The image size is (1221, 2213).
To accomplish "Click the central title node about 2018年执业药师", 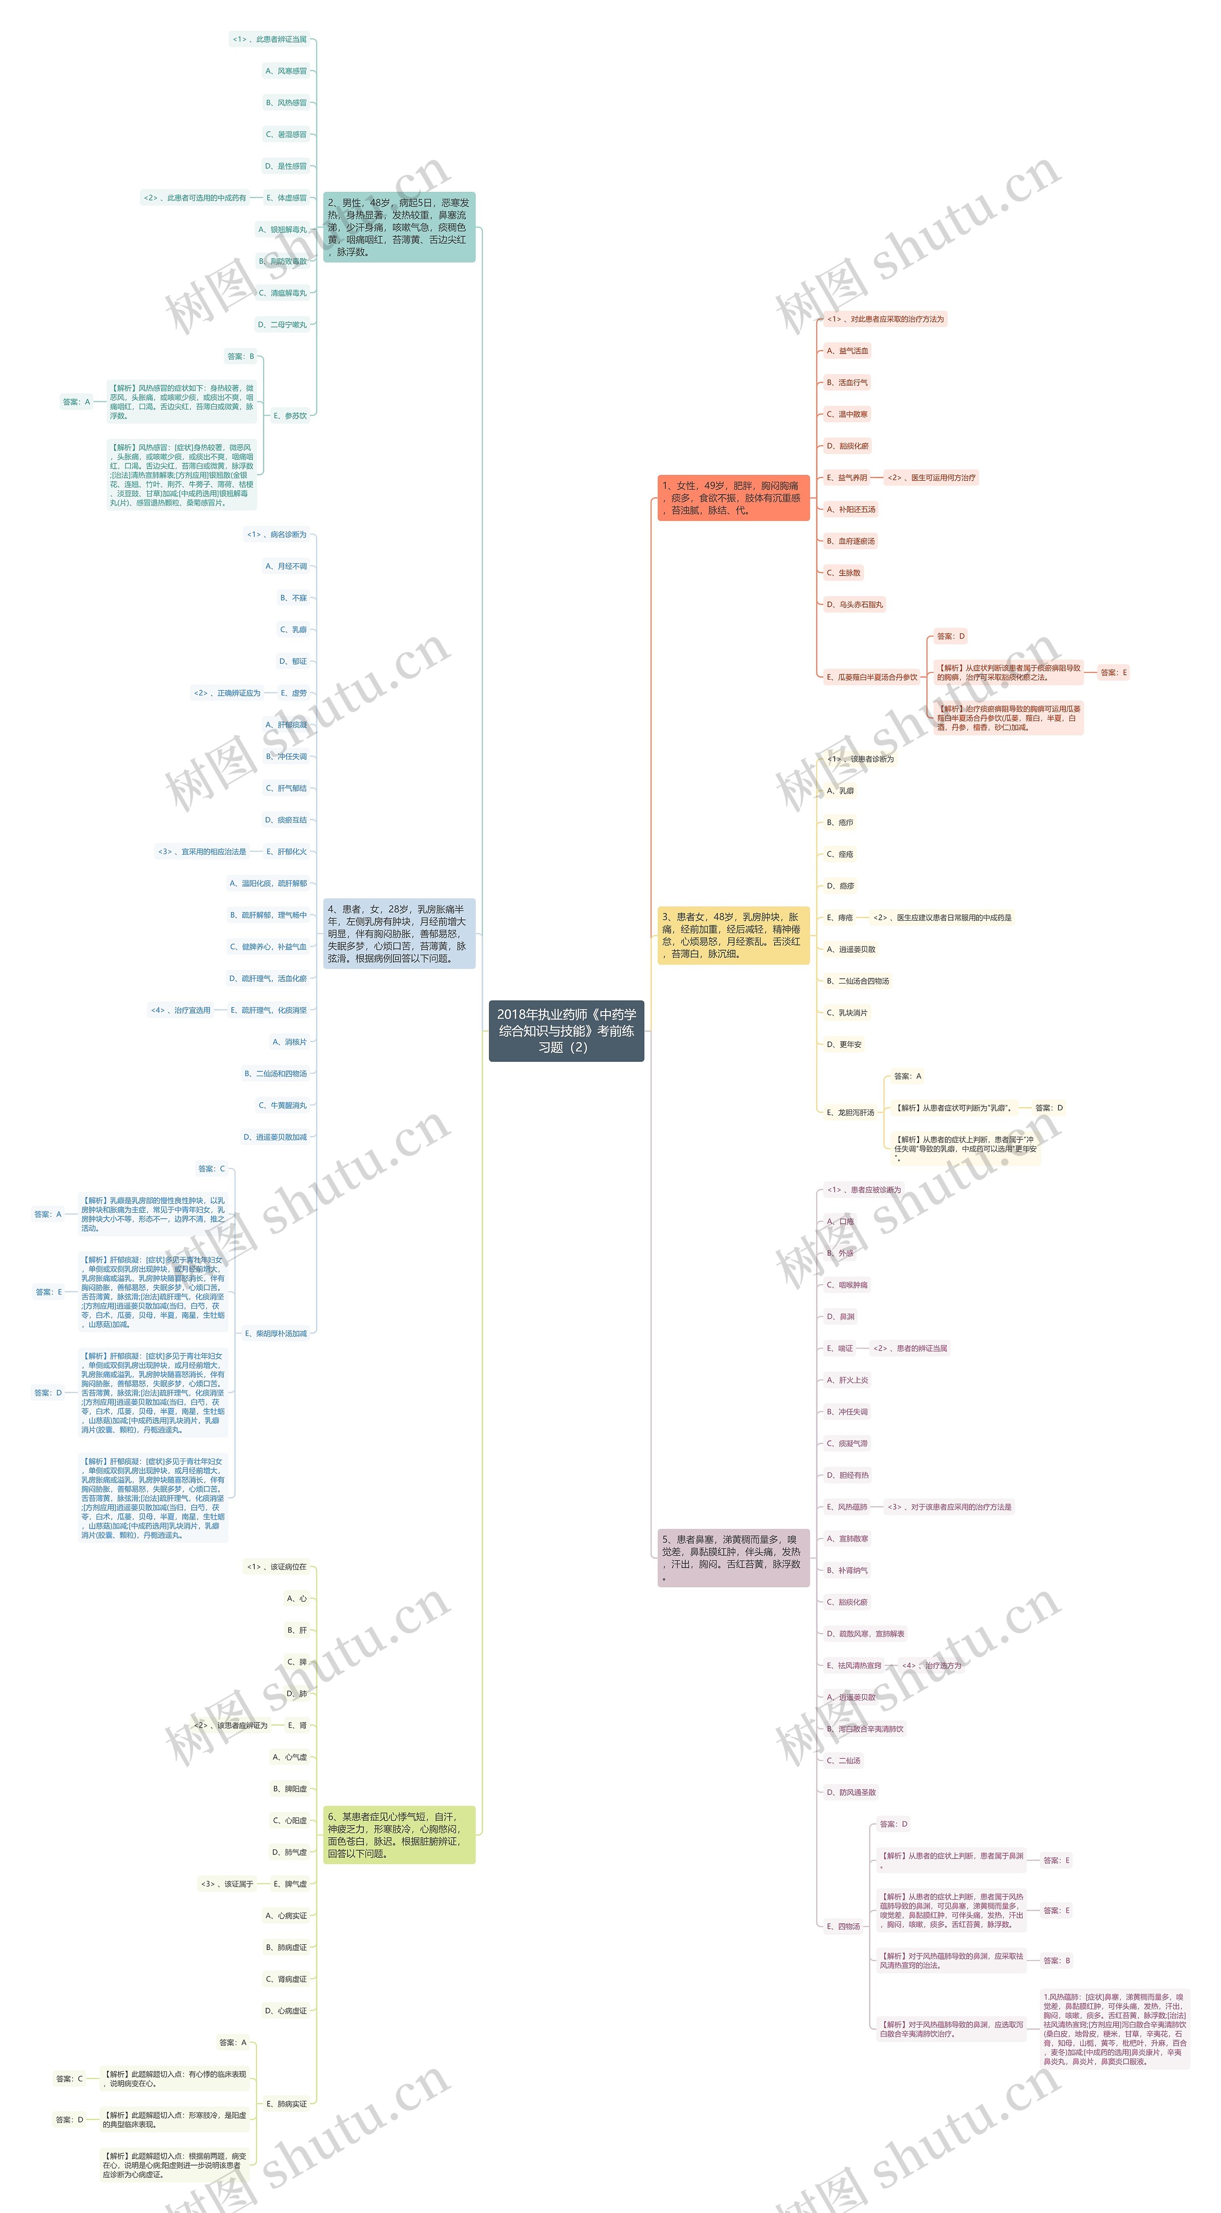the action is click(566, 1030).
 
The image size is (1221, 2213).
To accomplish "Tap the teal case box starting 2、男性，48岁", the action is click(398, 228).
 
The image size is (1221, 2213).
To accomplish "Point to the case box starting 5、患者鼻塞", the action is click(733, 1558).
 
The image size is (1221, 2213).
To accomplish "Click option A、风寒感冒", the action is click(286, 71).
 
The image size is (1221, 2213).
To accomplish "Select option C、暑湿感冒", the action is click(286, 135).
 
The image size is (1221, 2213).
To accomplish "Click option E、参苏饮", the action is click(290, 416).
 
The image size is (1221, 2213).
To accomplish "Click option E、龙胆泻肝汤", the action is click(850, 1112).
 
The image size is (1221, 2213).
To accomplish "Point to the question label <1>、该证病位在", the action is click(277, 1567).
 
